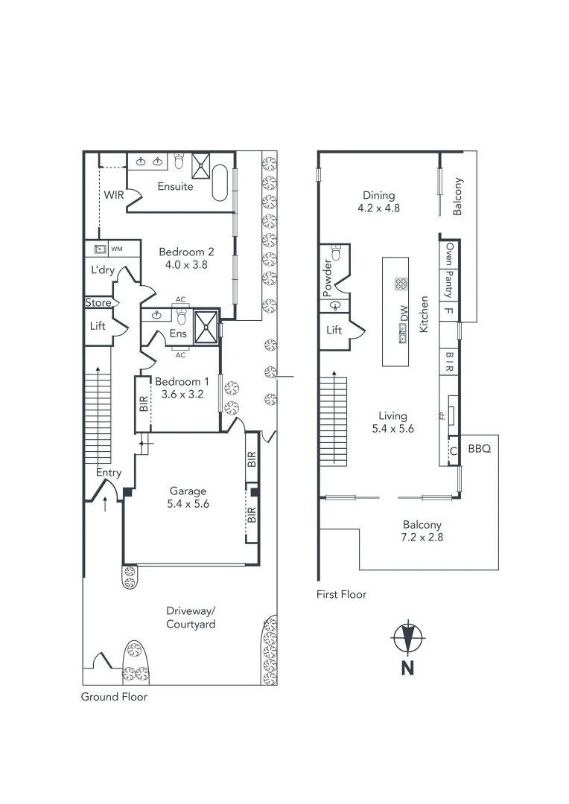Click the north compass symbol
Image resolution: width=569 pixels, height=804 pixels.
tap(408, 639)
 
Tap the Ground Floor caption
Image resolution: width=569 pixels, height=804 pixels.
tap(114, 697)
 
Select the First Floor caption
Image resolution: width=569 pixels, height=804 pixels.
tap(342, 594)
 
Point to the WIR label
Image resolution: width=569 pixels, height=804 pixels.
tap(113, 195)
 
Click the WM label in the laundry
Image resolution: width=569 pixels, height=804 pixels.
tap(116, 249)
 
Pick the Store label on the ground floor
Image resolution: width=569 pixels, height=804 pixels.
tap(98, 303)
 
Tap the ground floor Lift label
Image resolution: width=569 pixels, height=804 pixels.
tap(98, 326)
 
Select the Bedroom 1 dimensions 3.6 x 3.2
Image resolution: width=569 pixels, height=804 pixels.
tap(179, 395)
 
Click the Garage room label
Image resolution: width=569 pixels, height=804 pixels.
tap(188, 491)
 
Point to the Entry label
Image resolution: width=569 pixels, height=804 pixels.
tap(109, 473)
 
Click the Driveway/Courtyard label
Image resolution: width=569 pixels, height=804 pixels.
tap(191, 617)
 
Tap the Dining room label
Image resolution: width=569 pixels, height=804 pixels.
tap(378, 196)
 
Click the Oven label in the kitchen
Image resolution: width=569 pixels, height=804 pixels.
tap(449, 254)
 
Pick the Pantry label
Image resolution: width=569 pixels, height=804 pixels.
tap(449, 284)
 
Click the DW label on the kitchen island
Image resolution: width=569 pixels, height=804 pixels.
tap(404, 316)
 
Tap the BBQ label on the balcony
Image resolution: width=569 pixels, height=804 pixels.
tap(480, 449)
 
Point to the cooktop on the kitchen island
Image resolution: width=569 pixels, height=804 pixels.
tap(401, 283)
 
